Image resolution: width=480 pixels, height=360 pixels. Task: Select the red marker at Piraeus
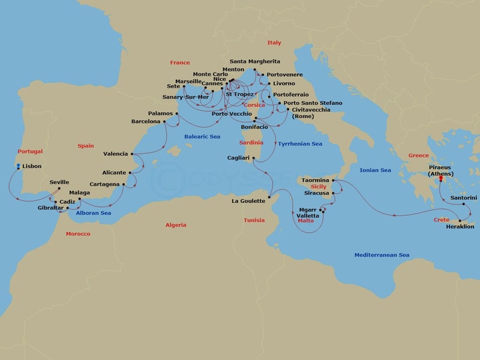440,178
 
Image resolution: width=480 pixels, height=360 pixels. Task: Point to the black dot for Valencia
133,154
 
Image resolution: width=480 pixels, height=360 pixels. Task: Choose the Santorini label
464,197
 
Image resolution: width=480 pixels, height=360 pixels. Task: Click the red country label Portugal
30,151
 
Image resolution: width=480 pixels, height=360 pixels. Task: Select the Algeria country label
176,225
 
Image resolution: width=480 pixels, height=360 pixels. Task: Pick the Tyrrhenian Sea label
300,144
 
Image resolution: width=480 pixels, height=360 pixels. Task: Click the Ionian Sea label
375,170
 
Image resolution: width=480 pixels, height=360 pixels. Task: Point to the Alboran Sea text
93,213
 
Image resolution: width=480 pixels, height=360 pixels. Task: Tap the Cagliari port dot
254,158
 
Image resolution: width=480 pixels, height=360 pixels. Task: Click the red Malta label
305,221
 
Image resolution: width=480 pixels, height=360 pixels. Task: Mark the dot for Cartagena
124,184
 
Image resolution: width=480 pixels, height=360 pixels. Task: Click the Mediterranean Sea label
382,255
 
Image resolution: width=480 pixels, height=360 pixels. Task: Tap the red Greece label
418,155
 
